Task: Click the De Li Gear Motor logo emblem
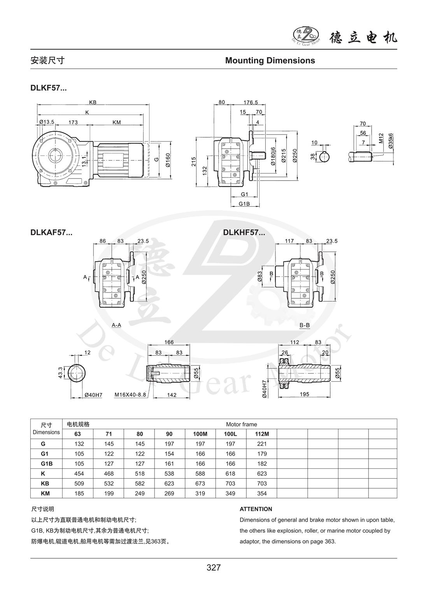(x=305, y=35)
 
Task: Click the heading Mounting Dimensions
(x=270, y=60)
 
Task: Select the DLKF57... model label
(x=49, y=88)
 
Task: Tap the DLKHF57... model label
(x=244, y=233)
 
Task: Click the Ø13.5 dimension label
(x=47, y=122)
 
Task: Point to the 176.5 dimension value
(x=251, y=102)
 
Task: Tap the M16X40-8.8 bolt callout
(x=130, y=395)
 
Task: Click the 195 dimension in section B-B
(x=304, y=394)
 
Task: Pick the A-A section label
(x=116, y=324)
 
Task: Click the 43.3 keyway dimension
(x=60, y=373)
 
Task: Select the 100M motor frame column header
(x=201, y=434)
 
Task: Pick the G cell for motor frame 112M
(x=262, y=444)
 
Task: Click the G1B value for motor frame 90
(x=170, y=463)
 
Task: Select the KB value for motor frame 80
(x=140, y=483)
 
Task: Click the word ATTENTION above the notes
(x=256, y=509)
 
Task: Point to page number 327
(x=214, y=567)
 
